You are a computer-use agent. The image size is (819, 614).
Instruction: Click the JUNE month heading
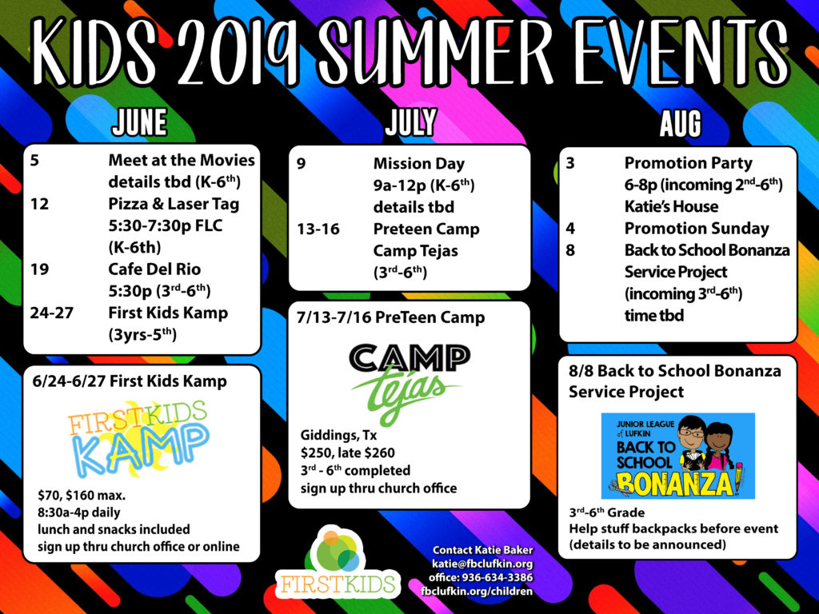(139, 122)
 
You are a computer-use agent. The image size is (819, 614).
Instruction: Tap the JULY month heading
(410, 122)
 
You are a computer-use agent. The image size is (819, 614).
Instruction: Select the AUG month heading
(680, 124)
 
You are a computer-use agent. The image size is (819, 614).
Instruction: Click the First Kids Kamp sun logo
(138, 439)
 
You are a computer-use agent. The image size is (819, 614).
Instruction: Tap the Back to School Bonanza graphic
(678, 456)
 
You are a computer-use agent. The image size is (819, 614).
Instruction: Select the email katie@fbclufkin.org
(482, 564)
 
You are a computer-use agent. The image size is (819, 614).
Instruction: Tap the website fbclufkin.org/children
(477, 591)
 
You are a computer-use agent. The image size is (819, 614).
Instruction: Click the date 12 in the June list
(39, 204)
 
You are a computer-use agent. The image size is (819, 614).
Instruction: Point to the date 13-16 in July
(318, 229)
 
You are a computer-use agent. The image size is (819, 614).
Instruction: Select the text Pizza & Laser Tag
(174, 204)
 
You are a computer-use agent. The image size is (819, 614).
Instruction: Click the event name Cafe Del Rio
(154, 269)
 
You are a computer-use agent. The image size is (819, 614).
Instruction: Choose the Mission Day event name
(419, 164)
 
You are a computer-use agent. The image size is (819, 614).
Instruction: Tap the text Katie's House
(671, 206)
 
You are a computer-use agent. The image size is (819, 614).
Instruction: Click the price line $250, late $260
(347, 453)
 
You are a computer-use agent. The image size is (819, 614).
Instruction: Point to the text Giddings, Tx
(338, 436)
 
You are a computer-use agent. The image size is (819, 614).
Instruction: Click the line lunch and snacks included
(114, 529)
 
